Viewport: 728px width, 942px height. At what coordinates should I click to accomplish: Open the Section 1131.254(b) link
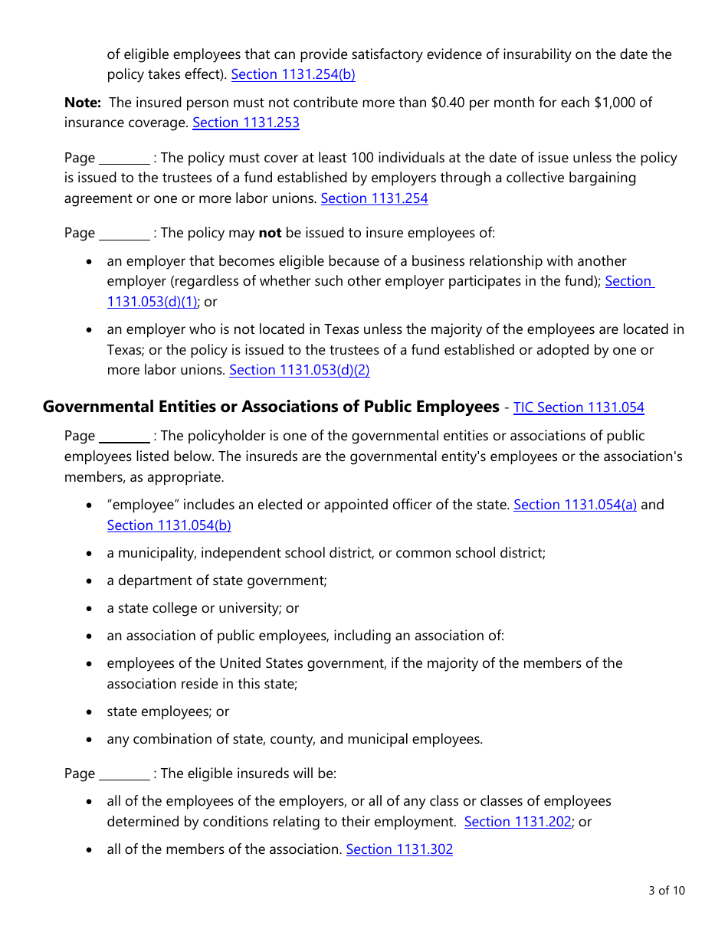click(293, 74)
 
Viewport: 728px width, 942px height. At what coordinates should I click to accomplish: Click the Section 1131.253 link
click(245, 123)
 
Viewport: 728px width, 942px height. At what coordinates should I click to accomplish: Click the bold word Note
click(82, 102)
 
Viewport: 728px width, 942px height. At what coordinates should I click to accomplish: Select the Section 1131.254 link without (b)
click(374, 198)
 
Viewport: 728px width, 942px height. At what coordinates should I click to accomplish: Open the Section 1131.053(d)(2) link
click(299, 370)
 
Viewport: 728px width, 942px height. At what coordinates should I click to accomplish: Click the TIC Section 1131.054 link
click(579, 407)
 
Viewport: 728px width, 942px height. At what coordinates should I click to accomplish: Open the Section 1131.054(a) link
click(575, 505)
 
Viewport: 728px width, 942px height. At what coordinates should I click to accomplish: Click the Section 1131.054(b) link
click(169, 525)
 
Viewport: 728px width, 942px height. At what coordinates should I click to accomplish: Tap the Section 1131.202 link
click(518, 822)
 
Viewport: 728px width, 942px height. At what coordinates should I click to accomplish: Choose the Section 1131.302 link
click(399, 849)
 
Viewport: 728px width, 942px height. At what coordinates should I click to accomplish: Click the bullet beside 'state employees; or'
click(90, 712)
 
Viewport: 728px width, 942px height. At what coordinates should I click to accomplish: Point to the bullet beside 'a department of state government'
click(90, 581)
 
